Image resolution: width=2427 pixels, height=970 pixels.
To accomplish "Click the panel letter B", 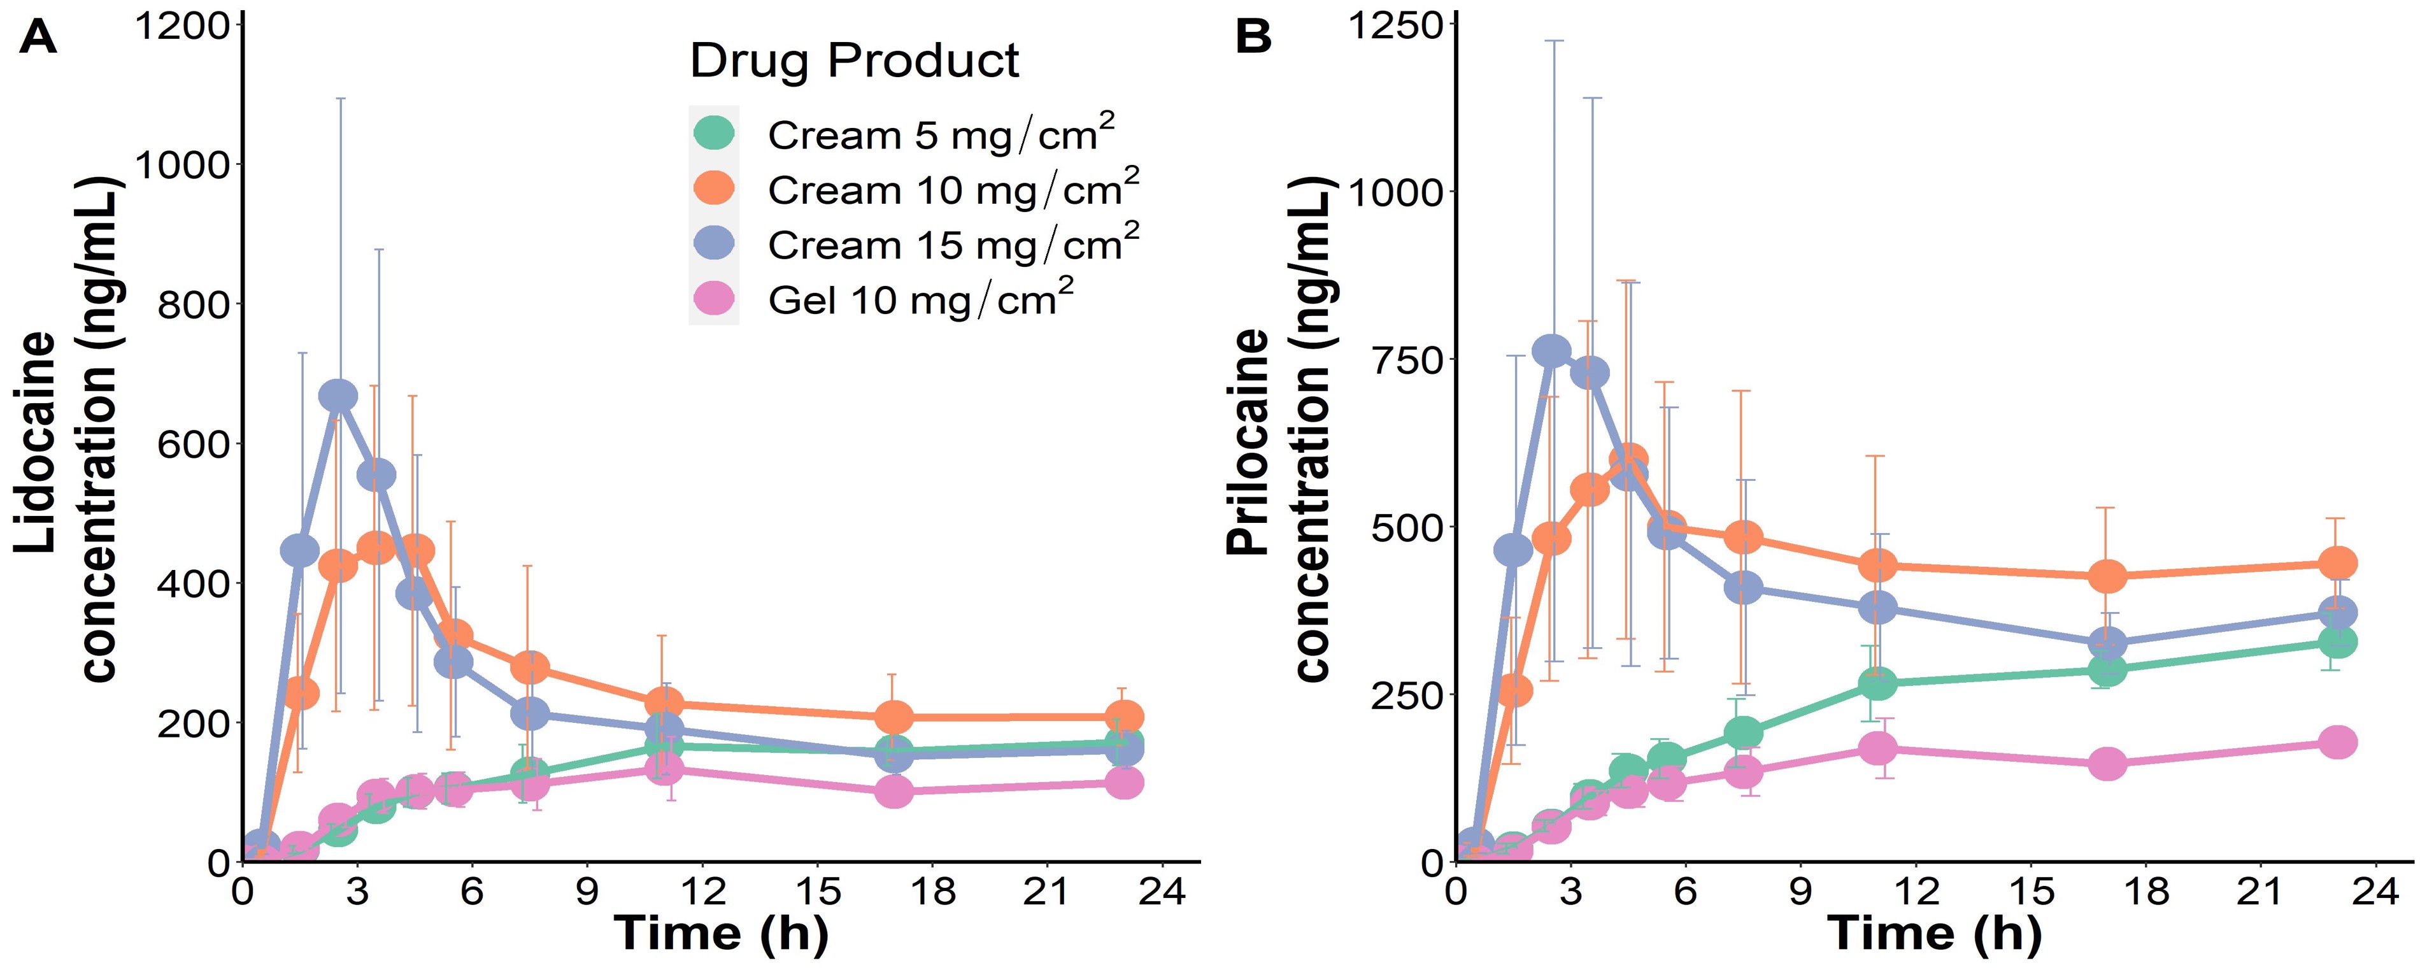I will pos(1253,38).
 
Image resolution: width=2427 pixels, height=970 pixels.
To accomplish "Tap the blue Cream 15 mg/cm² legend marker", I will pos(714,242).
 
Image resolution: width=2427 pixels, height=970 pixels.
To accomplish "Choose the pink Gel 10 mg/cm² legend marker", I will pos(714,298).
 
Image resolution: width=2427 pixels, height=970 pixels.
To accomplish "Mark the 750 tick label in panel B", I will pos(1401,360).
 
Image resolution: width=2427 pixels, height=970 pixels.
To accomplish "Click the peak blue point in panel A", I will pos(338,397).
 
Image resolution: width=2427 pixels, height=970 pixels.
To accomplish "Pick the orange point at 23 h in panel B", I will pos(2337,564).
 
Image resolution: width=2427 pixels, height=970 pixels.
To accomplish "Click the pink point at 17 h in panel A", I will pos(894,792).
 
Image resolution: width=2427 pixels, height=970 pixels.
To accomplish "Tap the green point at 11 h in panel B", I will pos(1877,683).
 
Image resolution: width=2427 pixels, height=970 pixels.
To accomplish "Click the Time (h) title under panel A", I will pos(721,933).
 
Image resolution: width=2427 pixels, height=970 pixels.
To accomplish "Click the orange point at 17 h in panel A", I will pos(894,717).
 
